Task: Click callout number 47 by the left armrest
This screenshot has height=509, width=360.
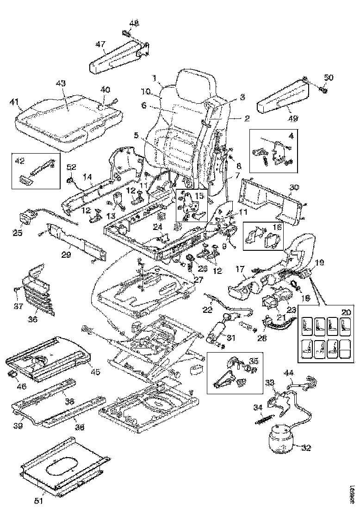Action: [x=100, y=44]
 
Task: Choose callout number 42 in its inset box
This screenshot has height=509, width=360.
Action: [x=19, y=161]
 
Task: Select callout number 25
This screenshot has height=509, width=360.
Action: [x=18, y=232]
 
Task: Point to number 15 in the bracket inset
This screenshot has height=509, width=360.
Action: [x=199, y=196]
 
